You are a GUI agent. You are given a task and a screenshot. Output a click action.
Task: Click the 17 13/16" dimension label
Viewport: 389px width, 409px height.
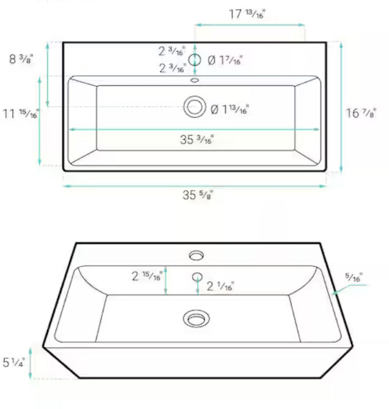coord(248,14)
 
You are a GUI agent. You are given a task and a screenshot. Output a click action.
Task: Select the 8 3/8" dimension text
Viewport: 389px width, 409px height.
coord(21,59)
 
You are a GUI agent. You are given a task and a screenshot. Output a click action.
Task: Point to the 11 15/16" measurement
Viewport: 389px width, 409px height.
coord(21,114)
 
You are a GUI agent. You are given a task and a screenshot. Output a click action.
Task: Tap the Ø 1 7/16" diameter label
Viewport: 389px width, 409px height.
coord(225,60)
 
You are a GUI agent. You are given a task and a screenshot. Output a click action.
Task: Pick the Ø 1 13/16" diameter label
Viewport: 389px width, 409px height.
coord(229,110)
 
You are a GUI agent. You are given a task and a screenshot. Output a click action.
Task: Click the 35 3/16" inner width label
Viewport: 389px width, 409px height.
coord(196,140)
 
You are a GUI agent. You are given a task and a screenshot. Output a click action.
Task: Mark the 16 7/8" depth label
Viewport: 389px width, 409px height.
coord(361,113)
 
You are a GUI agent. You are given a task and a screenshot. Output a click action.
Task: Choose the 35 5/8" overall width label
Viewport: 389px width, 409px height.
coord(197,195)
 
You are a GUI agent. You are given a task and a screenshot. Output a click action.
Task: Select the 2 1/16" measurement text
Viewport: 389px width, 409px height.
coord(220,285)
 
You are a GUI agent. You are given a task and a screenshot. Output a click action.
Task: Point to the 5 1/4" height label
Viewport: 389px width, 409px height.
coord(14,362)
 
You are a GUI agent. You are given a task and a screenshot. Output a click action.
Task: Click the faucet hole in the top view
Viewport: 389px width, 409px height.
coord(195,60)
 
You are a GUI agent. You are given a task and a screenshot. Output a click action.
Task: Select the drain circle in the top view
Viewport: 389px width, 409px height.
coord(195,107)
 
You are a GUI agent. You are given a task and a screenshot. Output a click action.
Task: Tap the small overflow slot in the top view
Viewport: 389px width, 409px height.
coord(195,80)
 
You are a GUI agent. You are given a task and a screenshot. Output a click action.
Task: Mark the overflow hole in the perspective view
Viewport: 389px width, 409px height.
coord(197,276)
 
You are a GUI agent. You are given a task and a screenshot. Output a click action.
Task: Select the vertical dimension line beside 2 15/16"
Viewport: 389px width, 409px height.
coord(166,280)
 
